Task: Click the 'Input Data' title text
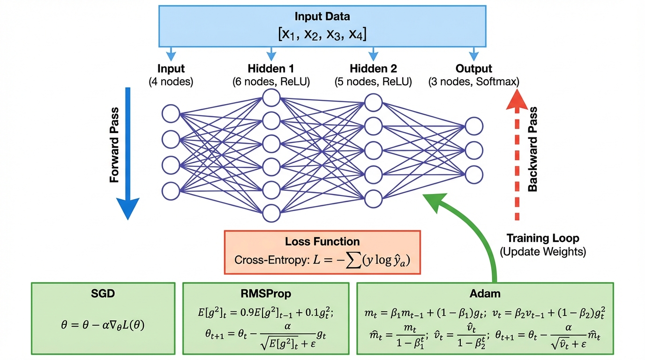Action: [x=322, y=16]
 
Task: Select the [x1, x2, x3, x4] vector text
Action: [x=322, y=34]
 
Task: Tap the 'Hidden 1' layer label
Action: [x=270, y=68]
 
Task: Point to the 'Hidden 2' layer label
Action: [x=373, y=68]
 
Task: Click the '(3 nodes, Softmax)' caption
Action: [x=473, y=82]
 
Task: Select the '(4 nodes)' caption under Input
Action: [x=171, y=82]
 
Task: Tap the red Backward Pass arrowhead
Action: [x=517, y=101]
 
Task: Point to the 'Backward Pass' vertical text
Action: [x=532, y=149]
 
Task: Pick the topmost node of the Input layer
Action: [x=171, y=114]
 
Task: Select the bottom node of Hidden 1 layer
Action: [x=271, y=213]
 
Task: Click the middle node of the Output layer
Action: [x=474, y=150]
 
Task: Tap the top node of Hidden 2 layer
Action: [x=373, y=102]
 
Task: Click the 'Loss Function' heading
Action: [x=322, y=242]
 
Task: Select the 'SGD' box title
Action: [x=103, y=294]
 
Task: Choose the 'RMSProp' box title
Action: [x=265, y=294]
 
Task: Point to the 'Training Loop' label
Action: [x=543, y=238]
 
